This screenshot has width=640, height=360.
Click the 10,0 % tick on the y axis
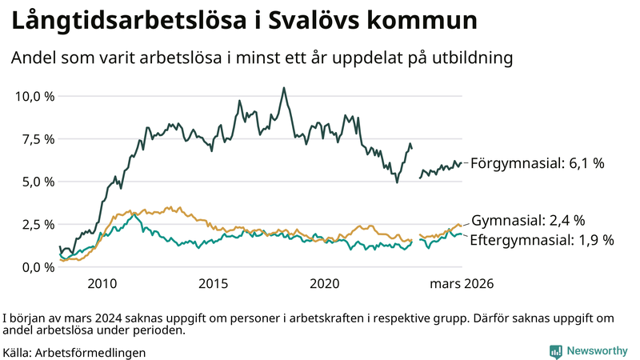[x=34, y=96]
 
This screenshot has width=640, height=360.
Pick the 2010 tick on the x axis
[x=102, y=284]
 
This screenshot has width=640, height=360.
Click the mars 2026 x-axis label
[x=462, y=284]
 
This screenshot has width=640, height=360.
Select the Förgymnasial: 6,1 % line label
[x=537, y=163]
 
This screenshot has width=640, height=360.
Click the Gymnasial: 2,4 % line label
[x=528, y=220]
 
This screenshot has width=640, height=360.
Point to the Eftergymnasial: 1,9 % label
[x=542, y=239]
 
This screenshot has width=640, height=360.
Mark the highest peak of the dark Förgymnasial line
[x=283, y=88]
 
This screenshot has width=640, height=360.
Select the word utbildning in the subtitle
[x=471, y=58]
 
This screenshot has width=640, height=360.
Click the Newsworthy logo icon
[x=555, y=350]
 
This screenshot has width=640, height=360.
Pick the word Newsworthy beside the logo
[x=597, y=350]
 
